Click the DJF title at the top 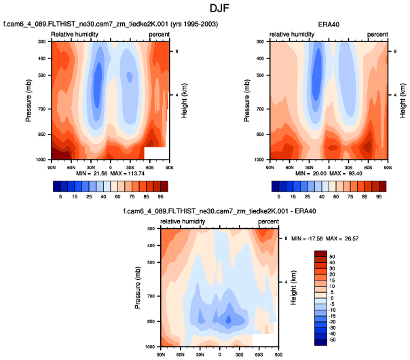205,8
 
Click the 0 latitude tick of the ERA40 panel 329,166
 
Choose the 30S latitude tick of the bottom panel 240,354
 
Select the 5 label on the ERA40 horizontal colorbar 279,197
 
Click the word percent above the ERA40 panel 377,34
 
